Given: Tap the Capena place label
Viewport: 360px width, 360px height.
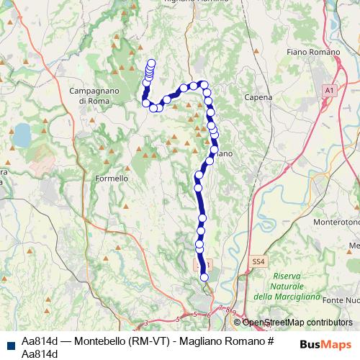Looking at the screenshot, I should click(258, 96).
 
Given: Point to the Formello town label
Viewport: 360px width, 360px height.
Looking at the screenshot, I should click(112, 178).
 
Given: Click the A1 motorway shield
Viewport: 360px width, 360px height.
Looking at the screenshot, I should click(329, 90).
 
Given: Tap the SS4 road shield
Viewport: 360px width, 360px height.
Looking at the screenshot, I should click(258, 261).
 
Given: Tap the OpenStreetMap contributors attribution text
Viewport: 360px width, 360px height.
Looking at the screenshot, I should click(297, 323).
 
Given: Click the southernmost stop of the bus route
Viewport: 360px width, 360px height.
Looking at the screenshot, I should click(204, 276).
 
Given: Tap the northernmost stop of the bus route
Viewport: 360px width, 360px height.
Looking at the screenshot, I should click(151, 63).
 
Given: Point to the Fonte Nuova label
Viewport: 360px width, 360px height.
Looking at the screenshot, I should click(342, 300).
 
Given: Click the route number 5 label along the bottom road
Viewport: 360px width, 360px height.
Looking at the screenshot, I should click(196, 314).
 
